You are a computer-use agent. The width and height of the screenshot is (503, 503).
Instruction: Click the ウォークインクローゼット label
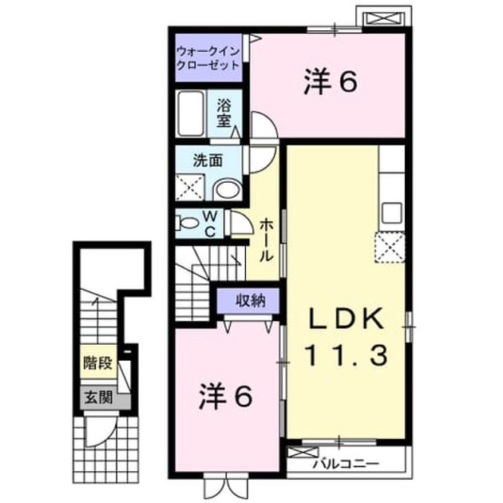tap(208, 58)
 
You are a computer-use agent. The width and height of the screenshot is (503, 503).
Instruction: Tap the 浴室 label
tap(224, 113)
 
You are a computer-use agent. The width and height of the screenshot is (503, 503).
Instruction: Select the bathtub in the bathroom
tap(191, 114)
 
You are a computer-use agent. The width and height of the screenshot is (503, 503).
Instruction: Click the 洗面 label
tap(208, 160)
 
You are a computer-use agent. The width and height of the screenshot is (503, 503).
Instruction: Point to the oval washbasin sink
tap(228, 189)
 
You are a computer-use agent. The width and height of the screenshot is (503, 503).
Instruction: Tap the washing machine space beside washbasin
tap(189, 187)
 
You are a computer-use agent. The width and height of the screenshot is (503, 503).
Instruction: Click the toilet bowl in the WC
tap(188, 223)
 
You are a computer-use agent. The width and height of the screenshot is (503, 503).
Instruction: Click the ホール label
tap(266, 240)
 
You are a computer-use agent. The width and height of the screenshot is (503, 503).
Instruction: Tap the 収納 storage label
tap(251, 300)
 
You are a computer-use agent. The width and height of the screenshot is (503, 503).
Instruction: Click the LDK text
tap(347, 318)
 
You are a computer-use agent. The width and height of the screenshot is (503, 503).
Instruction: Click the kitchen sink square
tap(392, 213)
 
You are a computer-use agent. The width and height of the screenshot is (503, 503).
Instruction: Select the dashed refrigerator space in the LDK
tap(390, 248)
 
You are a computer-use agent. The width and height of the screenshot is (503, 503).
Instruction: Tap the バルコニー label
tap(347, 464)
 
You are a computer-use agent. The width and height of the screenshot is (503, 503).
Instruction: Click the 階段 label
tap(98, 363)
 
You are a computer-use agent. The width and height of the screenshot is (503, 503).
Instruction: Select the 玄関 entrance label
tap(98, 398)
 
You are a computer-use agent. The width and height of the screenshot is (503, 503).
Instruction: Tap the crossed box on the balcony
tap(302, 453)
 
